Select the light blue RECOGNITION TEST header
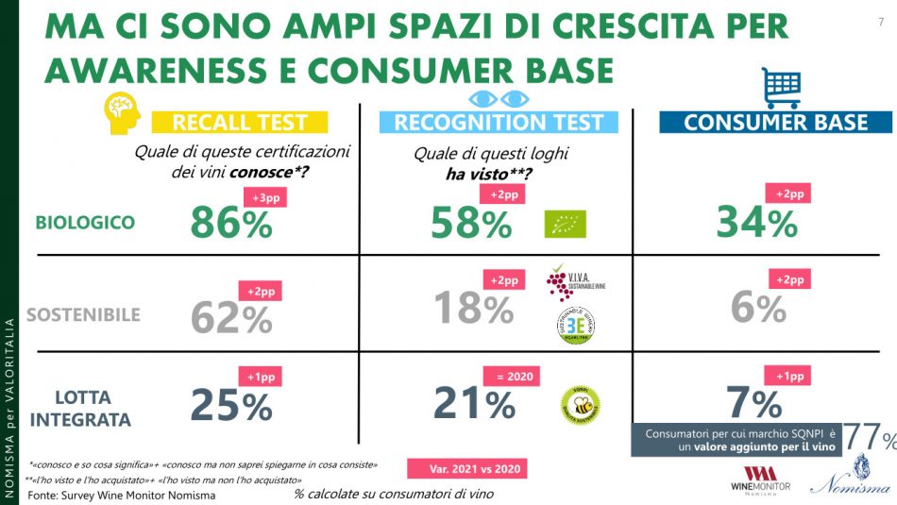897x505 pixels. click(x=498, y=122)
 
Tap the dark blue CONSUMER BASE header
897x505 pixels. click(x=775, y=122)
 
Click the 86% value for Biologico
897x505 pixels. click(x=231, y=223)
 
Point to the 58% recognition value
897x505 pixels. click(x=471, y=223)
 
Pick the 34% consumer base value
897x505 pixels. click(x=756, y=223)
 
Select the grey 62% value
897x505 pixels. click(x=231, y=318)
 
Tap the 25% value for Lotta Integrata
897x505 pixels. click(x=231, y=406)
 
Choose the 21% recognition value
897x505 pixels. click(x=473, y=404)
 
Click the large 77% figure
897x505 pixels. click(x=869, y=437)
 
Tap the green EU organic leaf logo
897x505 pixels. click(x=565, y=224)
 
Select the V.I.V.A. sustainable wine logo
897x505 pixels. click(x=569, y=283)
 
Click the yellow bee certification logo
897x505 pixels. click(x=582, y=404)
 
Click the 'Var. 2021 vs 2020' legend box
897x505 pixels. click(x=466, y=469)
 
